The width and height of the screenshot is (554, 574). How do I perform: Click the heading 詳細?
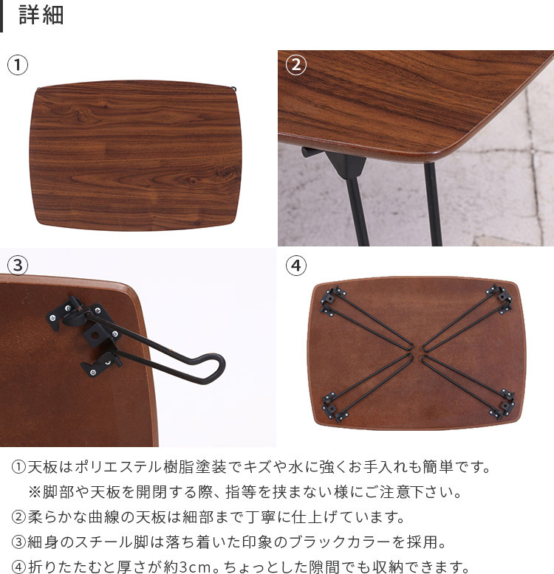[x=41, y=15]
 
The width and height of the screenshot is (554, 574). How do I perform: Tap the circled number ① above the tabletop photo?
[x=18, y=65]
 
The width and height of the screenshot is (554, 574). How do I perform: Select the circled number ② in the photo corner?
[x=295, y=65]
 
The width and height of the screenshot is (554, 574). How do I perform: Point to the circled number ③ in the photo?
[x=18, y=266]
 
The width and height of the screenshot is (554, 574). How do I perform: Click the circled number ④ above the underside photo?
[x=295, y=266]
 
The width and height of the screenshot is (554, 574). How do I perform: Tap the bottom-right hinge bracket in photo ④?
[x=502, y=405]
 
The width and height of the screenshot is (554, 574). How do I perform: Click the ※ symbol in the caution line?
[x=35, y=492]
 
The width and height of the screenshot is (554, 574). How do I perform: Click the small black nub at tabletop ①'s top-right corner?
[x=233, y=89]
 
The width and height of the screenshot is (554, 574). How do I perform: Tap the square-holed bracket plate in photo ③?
[x=94, y=334]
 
